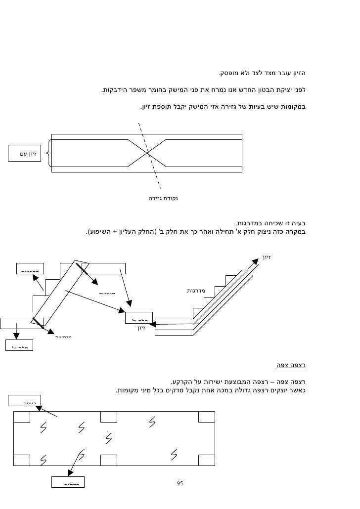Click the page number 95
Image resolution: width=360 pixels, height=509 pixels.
[180, 483]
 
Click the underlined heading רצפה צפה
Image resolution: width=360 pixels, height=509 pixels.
[291, 366]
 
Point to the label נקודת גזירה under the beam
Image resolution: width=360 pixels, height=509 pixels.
[163, 199]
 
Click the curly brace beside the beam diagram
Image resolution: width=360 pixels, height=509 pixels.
[47, 154]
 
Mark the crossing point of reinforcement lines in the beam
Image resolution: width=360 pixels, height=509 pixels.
[148, 154]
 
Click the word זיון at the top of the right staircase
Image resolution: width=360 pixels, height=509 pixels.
[266, 257]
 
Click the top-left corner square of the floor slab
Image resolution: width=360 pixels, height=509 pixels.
[21, 417]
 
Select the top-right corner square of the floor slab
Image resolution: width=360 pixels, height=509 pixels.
[206, 417]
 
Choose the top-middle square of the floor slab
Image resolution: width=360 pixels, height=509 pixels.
[108, 417]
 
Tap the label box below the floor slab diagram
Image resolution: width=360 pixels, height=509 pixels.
[68, 482]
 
